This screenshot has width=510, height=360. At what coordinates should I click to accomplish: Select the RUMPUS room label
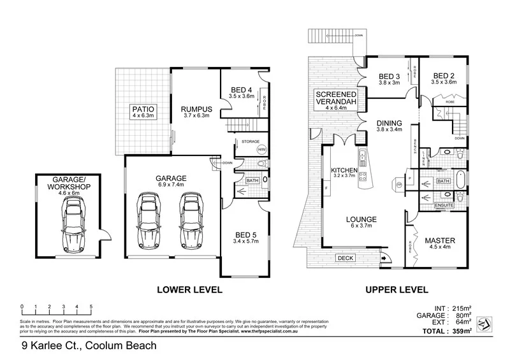tap(191, 108)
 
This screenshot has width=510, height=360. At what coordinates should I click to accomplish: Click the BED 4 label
tap(242, 89)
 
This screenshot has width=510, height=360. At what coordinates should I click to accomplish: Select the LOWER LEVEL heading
tap(189, 290)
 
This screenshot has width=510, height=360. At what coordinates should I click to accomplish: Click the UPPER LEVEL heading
tap(396, 290)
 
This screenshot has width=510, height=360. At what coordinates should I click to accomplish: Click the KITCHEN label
tap(344, 170)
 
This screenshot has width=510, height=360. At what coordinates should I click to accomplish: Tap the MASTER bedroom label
tap(441, 240)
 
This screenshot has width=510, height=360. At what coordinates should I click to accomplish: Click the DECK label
tap(346, 258)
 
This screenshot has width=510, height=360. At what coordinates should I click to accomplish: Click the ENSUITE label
tap(444, 206)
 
